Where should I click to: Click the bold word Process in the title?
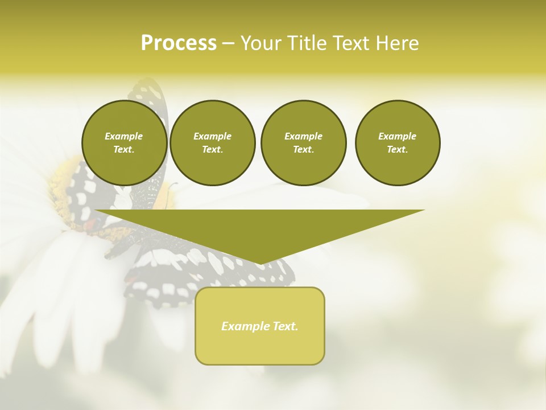[179, 43]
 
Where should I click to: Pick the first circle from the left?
[124, 142]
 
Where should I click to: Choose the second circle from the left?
[212, 142]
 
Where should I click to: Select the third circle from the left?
[303, 142]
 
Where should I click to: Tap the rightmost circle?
[397, 142]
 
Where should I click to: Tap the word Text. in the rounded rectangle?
[285, 326]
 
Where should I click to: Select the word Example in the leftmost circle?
[124, 136]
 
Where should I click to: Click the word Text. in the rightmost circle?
[397, 149]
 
